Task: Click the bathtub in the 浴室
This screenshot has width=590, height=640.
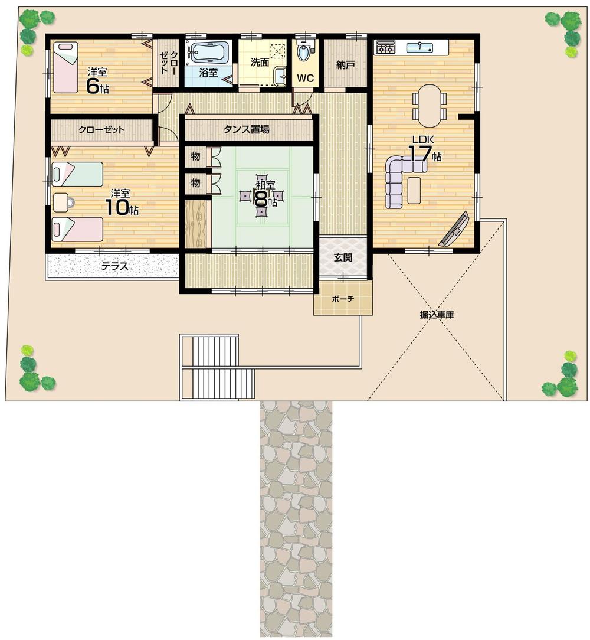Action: click(208, 52)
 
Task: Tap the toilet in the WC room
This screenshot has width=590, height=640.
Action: click(304, 53)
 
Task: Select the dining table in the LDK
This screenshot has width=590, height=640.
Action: click(430, 105)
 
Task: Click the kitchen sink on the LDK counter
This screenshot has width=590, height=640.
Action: click(421, 47)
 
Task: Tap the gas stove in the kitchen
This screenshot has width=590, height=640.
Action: click(385, 47)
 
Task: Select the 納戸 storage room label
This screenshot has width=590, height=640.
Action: click(346, 66)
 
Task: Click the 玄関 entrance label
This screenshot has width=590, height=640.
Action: click(343, 257)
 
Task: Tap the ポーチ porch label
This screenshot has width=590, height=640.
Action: click(343, 299)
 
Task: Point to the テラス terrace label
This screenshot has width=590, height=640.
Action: click(114, 266)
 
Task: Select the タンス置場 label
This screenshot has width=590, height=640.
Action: click(247, 129)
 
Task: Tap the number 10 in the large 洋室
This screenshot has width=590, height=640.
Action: click(115, 207)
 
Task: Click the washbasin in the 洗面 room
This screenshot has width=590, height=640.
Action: click(280, 75)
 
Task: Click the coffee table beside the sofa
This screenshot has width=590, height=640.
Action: click(414, 190)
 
